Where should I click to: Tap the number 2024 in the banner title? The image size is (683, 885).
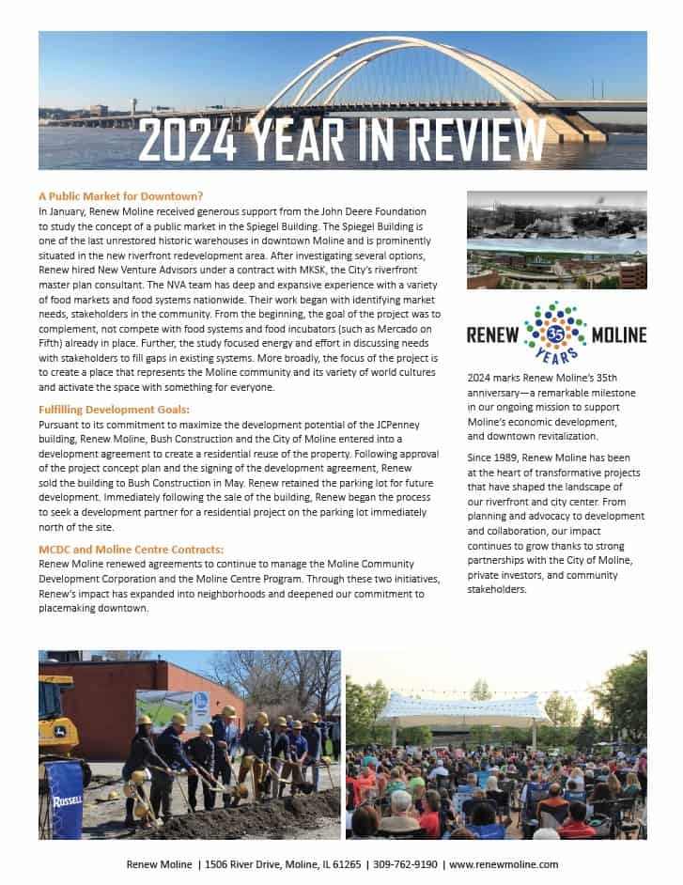pos(184,141)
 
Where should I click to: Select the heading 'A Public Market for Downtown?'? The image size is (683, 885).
pos(121,196)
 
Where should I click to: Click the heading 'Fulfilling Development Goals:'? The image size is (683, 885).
pos(114,410)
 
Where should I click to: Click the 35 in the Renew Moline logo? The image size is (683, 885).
pos(555,334)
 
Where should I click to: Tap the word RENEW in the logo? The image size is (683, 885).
pos(495,334)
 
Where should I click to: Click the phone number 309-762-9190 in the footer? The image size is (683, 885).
pos(405,864)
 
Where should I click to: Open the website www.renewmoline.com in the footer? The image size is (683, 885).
pos(504,864)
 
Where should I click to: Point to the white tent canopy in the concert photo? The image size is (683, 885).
pos(467,706)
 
